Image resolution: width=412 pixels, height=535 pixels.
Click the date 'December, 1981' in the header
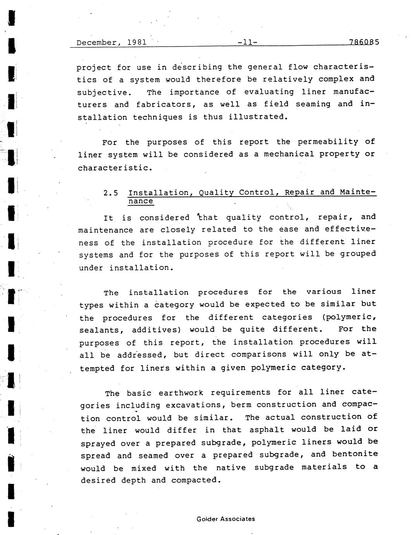pyautogui.click(x=112, y=42)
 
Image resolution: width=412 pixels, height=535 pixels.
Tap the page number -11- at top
pyautogui.click(x=247, y=42)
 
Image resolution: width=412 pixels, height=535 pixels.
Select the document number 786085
pyautogui.click(x=364, y=42)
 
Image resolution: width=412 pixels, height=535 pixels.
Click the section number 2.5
pyautogui.click(x=111, y=193)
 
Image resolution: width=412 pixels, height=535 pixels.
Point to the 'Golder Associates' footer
pyautogui.click(x=226, y=519)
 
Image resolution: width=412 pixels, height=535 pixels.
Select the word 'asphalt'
pyautogui.click(x=267, y=430)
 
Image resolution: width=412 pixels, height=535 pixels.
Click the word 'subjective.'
pyautogui.click(x=104, y=92)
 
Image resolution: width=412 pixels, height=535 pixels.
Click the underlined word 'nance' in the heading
pyautogui.click(x=141, y=201)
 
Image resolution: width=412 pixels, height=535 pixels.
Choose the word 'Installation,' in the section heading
pyautogui.click(x=159, y=193)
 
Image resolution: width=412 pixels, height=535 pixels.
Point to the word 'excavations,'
pyautogui.click(x=195, y=406)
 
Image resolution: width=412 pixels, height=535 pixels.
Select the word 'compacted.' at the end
pyautogui.click(x=196, y=480)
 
